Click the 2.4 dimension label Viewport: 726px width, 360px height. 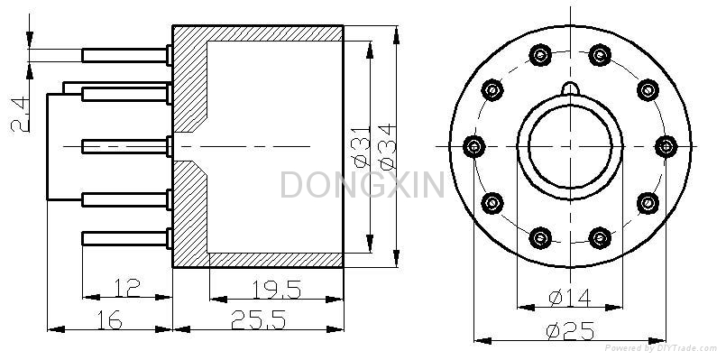[21, 115]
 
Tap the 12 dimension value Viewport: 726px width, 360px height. [127, 287]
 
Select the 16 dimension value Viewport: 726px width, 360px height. [109, 319]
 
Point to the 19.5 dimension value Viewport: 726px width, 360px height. [276, 290]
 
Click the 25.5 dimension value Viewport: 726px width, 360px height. [258, 319]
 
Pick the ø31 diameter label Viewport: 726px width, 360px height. [362, 146]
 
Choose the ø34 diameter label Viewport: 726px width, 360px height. [387, 146]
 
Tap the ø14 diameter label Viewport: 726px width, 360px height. [569, 298]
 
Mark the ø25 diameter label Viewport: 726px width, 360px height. [569, 331]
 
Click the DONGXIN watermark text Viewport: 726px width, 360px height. [363, 184]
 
